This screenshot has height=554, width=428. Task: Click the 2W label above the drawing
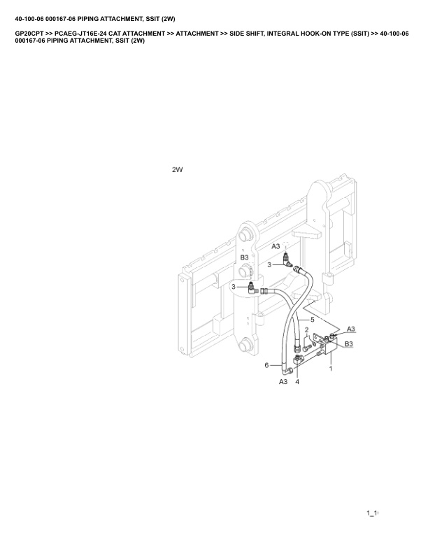(177, 169)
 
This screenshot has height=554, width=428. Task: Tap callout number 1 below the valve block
(331, 369)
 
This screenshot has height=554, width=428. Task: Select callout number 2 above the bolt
(306, 329)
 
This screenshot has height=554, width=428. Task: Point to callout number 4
(297, 382)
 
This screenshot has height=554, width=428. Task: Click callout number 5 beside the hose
(312, 320)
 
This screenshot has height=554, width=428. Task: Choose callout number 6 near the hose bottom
(266, 365)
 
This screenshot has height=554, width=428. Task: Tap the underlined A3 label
(350, 329)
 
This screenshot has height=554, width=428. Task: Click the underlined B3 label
(348, 343)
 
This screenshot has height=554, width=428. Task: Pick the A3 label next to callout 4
(283, 382)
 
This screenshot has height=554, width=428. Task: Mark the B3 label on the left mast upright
(244, 257)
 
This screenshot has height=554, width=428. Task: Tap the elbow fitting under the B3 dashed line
(253, 288)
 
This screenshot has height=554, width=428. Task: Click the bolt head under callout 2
(306, 348)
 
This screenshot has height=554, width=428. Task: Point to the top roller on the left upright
(244, 236)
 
